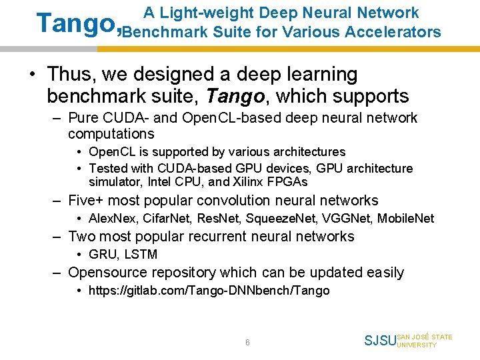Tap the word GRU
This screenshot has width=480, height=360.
click(102, 254)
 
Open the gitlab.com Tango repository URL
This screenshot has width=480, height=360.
click(209, 290)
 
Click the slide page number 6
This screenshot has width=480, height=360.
click(247, 342)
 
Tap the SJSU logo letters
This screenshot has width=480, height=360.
click(379, 341)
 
